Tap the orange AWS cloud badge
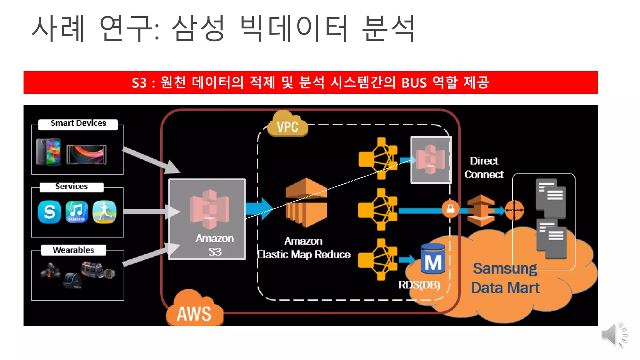click(x=194, y=311)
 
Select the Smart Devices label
click(x=78, y=123)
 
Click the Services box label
click(x=72, y=187)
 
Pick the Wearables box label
click(x=73, y=250)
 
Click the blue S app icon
click(x=49, y=212)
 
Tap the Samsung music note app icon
click(x=77, y=212)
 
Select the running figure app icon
click(x=104, y=212)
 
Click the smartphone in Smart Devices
click(x=48, y=152)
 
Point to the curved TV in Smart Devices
click(x=87, y=154)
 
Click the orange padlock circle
click(x=450, y=208)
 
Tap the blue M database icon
click(x=433, y=259)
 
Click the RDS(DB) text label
click(x=419, y=285)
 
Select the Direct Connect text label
click(x=484, y=168)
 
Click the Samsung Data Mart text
click(x=505, y=278)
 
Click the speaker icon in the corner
click(x=614, y=335)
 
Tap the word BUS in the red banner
click(x=414, y=83)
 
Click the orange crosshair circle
click(x=514, y=210)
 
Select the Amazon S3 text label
click(x=215, y=245)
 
